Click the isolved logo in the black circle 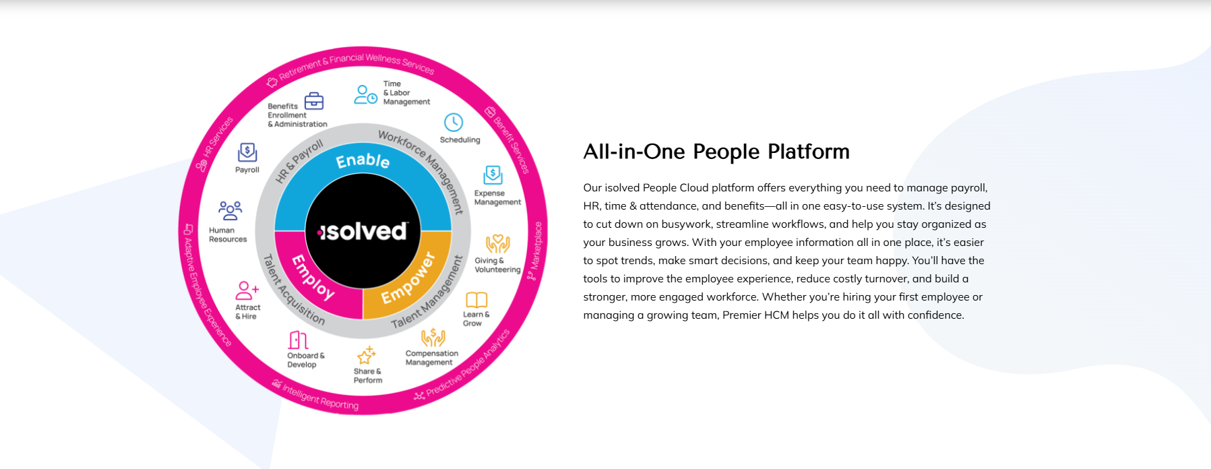[x=363, y=231]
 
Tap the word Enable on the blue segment [x=363, y=160]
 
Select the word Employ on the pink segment [x=313, y=277]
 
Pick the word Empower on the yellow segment [x=408, y=278]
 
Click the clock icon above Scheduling [x=454, y=123]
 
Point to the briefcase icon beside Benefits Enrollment [x=314, y=101]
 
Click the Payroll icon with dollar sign [x=247, y=152]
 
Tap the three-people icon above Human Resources [x=230, y=210]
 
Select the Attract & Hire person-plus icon [x=247, y=290]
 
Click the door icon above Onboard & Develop [x=298, y=340]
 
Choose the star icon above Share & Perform [x=367, y=355]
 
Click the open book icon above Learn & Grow [x=476, y=300]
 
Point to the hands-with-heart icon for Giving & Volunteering [x=497, y=244]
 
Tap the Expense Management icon [x=493, y=175]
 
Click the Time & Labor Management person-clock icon [x=365, y=94]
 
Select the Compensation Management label [x=431, y=358]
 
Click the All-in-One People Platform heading [x=716, y=152]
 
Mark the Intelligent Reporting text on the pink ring [x=320, y=397]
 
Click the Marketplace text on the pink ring [x=536, y=245]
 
